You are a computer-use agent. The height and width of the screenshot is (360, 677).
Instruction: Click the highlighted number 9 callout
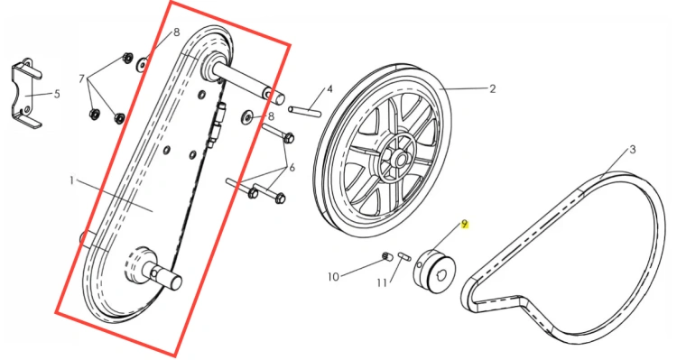click(465, 224)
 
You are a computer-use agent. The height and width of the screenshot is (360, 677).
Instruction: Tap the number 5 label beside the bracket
click(57, 94)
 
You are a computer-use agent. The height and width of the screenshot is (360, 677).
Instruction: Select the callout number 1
click(72, 180)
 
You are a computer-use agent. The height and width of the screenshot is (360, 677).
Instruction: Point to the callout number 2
click(493, 89)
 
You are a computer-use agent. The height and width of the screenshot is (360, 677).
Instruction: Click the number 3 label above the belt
click(633, 150)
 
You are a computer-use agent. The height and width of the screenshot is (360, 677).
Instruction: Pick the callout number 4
click(329, 89)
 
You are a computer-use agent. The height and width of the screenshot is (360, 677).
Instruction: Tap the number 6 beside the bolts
click(292, 168)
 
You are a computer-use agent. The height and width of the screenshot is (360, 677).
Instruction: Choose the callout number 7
click(81, 79)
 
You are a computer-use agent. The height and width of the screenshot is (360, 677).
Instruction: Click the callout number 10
click(333, 277)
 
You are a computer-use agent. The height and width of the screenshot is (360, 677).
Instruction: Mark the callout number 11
click(382, 282)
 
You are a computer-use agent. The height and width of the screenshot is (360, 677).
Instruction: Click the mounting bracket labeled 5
click(26, 94)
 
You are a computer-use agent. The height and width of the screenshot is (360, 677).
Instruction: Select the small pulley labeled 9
click(435, 272)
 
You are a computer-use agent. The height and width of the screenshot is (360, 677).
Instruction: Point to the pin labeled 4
click(304, 111)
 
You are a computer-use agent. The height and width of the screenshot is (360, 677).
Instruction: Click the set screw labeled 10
click(386, 257)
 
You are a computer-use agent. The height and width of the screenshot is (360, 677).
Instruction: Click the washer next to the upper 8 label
click(142, 65)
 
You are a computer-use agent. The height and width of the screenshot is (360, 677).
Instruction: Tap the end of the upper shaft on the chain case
click(279, 99)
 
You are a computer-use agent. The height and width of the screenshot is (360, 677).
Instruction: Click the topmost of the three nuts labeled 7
click(127, 58)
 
